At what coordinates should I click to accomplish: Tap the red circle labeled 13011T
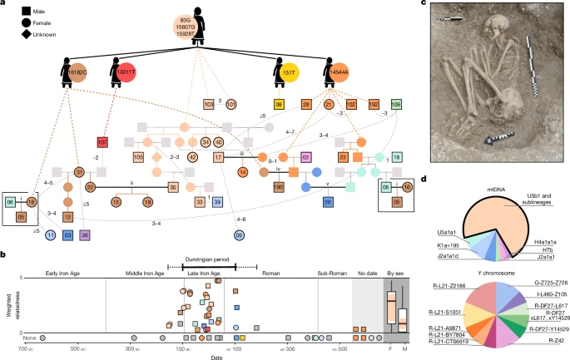pyautogui.click(x=129, y=72)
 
